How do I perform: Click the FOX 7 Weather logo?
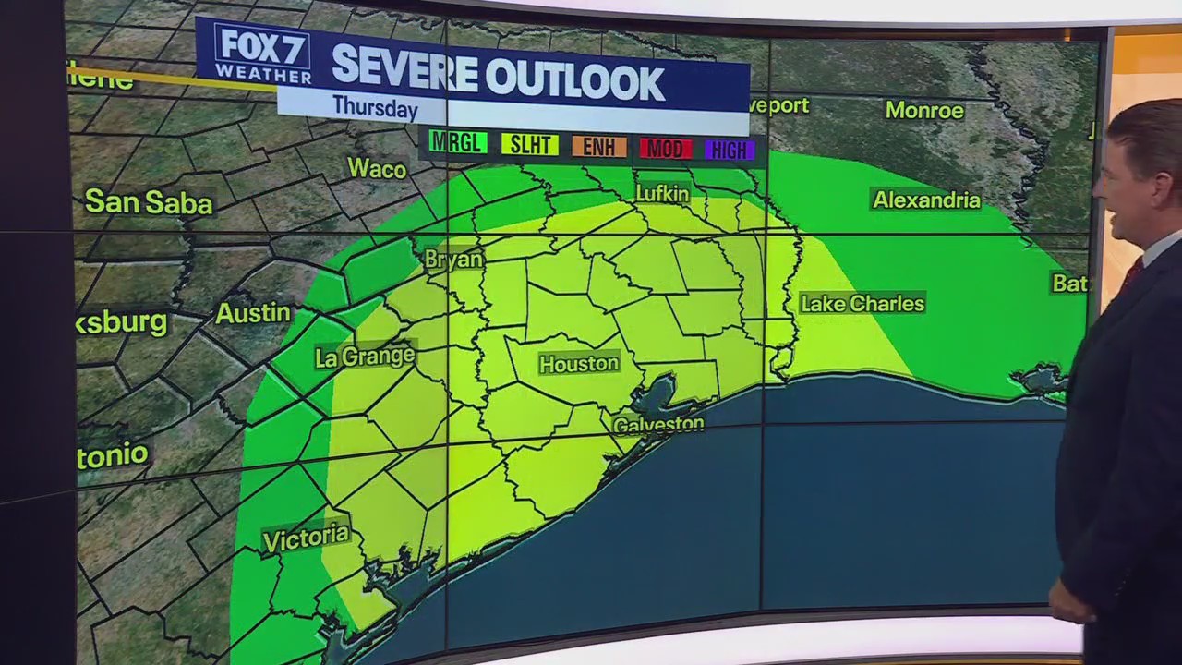point(250,54)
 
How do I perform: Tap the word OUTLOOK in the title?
point(574,81)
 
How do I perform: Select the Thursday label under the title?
point(375,107)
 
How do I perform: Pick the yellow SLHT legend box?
point(529,145)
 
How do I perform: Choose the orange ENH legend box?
point(599,147)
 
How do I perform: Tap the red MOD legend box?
point(666,149)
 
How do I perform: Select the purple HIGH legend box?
point(730,150)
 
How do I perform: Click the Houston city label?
point(579,364)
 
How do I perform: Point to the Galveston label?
point(658,425)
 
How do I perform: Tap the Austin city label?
point(253,313)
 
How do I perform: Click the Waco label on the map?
point(377,169)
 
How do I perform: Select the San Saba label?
point(149,202)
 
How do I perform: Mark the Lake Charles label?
point(862,303)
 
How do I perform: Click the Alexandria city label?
point(926,199)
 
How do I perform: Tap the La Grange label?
point(365,357)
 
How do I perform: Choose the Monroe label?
point(924,111)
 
